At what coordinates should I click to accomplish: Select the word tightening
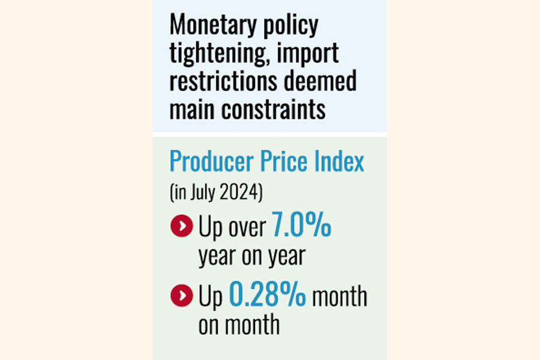pyautogui.click(x=220, y=54)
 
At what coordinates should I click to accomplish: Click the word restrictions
pyautogui.click(x=223, y=81)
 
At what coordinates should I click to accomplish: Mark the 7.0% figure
pyautogui.click(x=302, y=227)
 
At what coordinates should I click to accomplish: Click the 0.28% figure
pyautogui.click(x=268, y=296)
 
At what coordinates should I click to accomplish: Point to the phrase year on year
pyautogui.click(x=251, y=256)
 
